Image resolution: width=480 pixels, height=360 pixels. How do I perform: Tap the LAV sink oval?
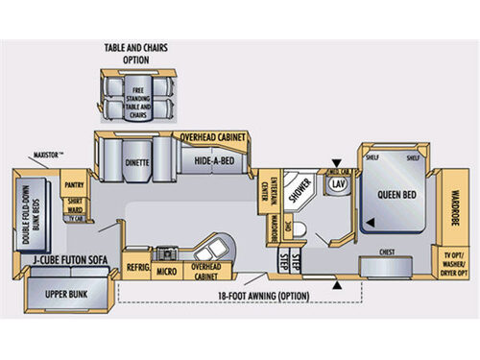337,181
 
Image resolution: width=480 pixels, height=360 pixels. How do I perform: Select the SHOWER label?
300,189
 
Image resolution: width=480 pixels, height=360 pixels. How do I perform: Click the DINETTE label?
137,163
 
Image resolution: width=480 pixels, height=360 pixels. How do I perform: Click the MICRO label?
164,272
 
